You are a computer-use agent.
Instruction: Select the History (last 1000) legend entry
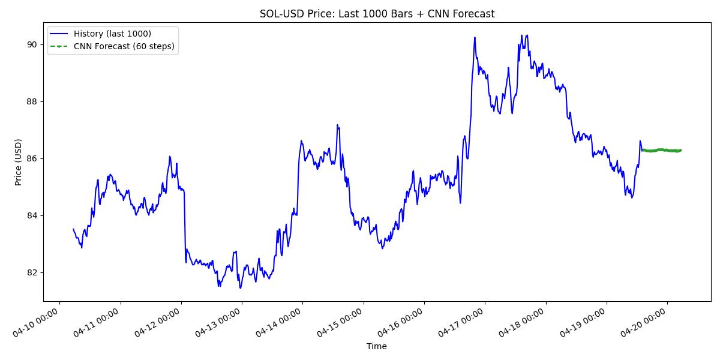pyautogui.click(x=112, y=34)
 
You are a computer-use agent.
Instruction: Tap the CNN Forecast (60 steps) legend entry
pyautogui.click(x=124, y=46)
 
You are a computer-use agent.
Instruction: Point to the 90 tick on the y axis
pyautogui.click(x=32, y=44)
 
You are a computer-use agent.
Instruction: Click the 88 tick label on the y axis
pyautogui.click(x=32, y=101)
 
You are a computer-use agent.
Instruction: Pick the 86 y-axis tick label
pyautogui.click(x=32, y=158)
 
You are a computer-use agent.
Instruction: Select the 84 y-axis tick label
pyautogui.click(x=32, y=215)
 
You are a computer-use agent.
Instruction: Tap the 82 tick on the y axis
pyautogui.click(x=32, y=272)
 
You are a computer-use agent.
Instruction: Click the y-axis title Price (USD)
pyautogui.click(x=19, y=162)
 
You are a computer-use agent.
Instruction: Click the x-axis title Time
pyautogui.click(x=377, y=346)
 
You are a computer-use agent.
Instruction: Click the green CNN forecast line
pyautogui.click(x=660, y=150)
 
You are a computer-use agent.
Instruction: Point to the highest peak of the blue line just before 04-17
pyautogui.click(x=474, y=38)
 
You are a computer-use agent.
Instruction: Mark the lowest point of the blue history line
pyautogui.click(x=241, y=288)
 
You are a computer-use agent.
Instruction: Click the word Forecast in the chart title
pyautogui.click(x=475, y=14)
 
